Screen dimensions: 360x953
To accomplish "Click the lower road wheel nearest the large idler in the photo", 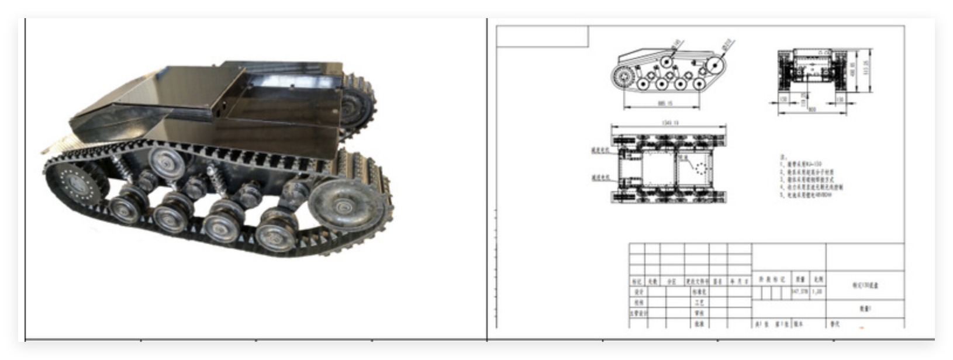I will coord(275,230).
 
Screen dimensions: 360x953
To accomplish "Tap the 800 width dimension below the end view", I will coord(812,108).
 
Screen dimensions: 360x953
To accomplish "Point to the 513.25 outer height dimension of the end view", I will coord(866,70).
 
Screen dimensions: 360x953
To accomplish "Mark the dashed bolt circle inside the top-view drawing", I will coord(701,168).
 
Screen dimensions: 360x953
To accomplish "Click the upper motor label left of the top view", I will coord(600,150).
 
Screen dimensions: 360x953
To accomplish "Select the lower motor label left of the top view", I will coord(600,176).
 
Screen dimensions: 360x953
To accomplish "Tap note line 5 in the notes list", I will coord(807,195).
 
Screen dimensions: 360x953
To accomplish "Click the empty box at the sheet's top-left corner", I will coord(542,36).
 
